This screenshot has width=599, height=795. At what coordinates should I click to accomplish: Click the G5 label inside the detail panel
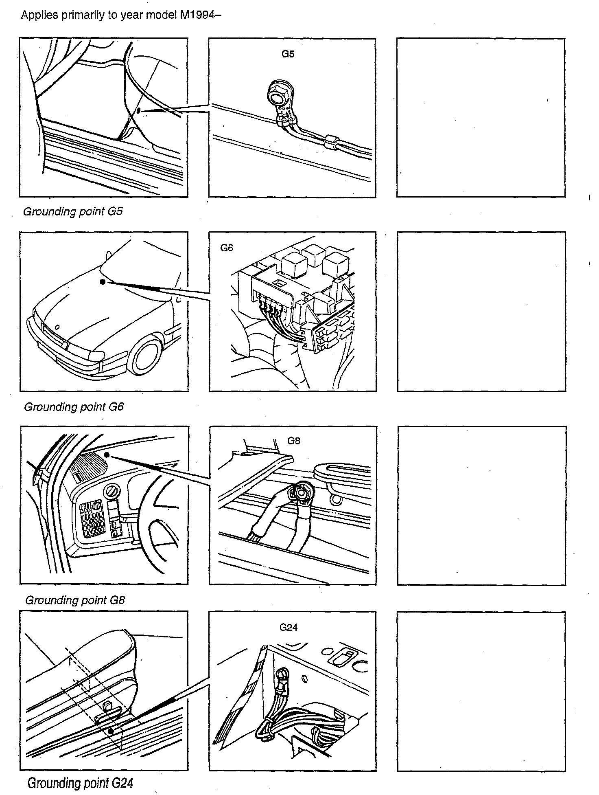pos(288,54)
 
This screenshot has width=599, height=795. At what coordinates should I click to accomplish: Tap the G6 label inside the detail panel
pos(227,248)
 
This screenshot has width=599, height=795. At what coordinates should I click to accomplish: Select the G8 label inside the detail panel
pos(294,440)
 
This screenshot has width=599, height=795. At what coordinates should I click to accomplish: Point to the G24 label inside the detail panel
pos(289,627)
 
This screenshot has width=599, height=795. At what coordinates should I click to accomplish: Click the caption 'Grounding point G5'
pos(73,212)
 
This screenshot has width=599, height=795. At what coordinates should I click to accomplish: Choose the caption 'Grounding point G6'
pos(74,407)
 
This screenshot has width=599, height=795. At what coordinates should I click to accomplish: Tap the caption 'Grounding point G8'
pos(75,600)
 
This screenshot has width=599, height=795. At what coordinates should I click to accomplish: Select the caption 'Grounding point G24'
pos(80,783)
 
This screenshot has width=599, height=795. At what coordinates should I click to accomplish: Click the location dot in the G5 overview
pos(139,110)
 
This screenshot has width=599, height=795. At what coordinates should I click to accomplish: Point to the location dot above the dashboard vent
pos(107,454)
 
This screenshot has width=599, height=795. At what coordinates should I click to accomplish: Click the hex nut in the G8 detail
pos(302,492)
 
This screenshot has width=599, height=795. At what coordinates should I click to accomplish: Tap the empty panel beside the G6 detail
pos(481,312)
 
